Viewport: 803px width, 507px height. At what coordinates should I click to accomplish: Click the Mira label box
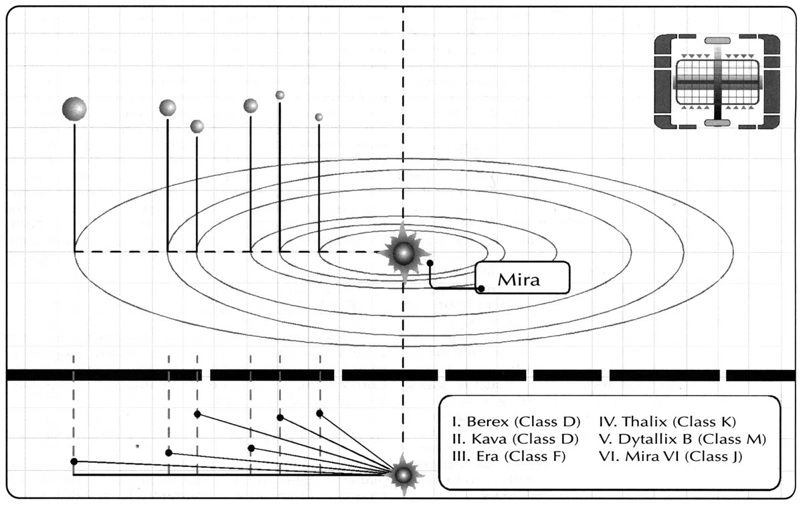point(523,278)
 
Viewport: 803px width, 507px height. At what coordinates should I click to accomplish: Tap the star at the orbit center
point(404,253)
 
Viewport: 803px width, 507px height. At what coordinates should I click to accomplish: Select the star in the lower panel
point(403,475)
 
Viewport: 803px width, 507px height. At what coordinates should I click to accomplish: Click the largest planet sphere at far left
point(74,108)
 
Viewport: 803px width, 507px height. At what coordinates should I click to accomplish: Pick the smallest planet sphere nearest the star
point(319,117)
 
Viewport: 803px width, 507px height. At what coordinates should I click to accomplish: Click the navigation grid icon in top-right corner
point(717,82)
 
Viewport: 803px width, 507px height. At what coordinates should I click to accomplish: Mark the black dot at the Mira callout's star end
point(430,264)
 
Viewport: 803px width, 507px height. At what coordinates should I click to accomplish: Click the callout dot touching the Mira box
point(480,289)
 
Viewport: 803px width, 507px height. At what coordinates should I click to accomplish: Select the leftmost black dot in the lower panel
point(74,462)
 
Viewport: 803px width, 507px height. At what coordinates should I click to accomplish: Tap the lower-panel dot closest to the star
point(320,413)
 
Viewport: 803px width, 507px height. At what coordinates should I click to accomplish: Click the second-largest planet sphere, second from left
point(167,107)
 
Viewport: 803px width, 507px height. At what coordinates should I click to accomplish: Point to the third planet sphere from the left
point(197,126)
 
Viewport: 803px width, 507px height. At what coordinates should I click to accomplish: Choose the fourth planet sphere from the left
point(250,105)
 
